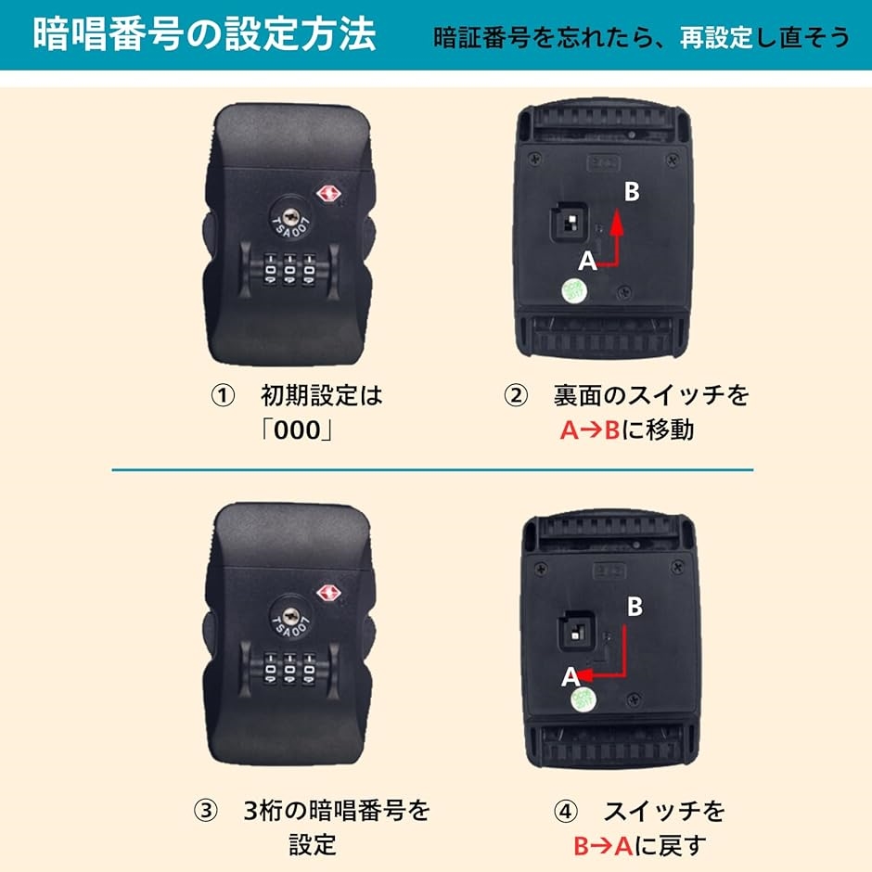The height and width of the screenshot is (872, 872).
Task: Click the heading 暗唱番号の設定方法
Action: click(x=204, y=34)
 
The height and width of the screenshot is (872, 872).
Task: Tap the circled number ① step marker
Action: click(x=223, y=396)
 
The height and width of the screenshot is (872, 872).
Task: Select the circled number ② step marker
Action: click(x=516, y=396)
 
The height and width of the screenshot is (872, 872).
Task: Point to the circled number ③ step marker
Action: click(x=205, y=810)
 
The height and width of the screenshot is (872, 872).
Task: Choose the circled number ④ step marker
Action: click(x=566, y=812)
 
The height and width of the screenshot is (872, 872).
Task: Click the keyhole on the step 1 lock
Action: click(x=289, y=216)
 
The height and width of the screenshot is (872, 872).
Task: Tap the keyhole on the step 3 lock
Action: click(x=289, y=616)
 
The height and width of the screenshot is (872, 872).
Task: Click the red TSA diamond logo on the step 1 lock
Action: click(x=328, y=194)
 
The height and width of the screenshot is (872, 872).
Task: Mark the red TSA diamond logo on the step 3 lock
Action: click(x=328, y=592)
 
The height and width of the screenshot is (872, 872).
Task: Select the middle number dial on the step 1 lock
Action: click(x=289, y=270)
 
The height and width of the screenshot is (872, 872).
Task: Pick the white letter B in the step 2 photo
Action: click(x=632, y=191)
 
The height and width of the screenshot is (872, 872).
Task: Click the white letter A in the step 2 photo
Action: click(x=587, y=261)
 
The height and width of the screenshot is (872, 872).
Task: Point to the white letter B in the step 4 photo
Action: click(x=635, y=606)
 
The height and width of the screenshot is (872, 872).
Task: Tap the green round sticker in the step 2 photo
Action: click(x=573, y=290)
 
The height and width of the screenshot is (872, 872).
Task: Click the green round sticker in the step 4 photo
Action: click(x=583, y=699)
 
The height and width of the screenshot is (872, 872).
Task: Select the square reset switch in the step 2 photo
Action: click(x=570, y=222)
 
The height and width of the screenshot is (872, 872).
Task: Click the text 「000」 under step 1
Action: click(x=298, y=430)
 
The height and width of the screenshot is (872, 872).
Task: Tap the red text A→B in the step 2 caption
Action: click(x=589, y=430)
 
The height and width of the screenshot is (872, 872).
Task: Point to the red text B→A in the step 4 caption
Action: click(x=603, y=846)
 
